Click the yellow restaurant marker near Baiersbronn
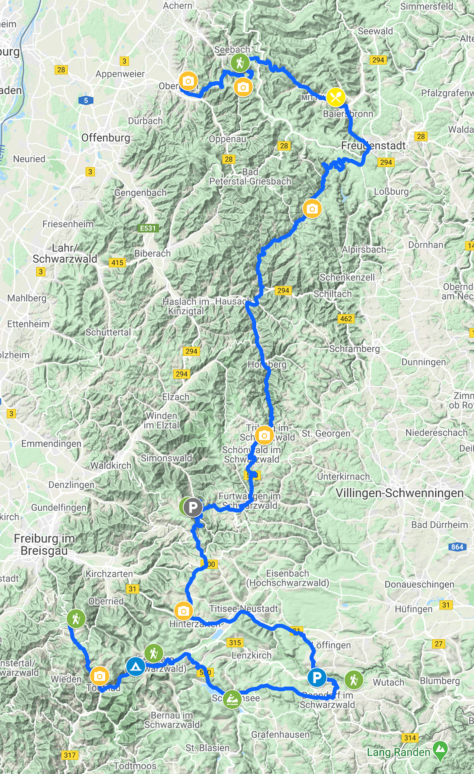(x=336, y=97)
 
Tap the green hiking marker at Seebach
(x=240, y=62)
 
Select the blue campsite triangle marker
(x=135, y=667)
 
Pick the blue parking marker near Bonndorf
(x=317, y=678)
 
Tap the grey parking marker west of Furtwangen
(x=193, y=507)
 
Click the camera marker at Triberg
(x=265, y=435)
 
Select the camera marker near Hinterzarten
(x=183, y=611)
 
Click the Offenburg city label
(x=105, y=138)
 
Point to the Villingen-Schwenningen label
(x=399, y=493)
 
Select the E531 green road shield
(x=148, y=228)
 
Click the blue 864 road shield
(x=457, y=547)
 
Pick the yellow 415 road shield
(x=117, y=262)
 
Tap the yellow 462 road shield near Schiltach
(x=346, y=319)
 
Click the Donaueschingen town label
(x=419, y=584)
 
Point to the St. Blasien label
(x=207, y=748)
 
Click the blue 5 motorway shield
(x=86, y=100)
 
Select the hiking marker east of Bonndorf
(x=354, y=679)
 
